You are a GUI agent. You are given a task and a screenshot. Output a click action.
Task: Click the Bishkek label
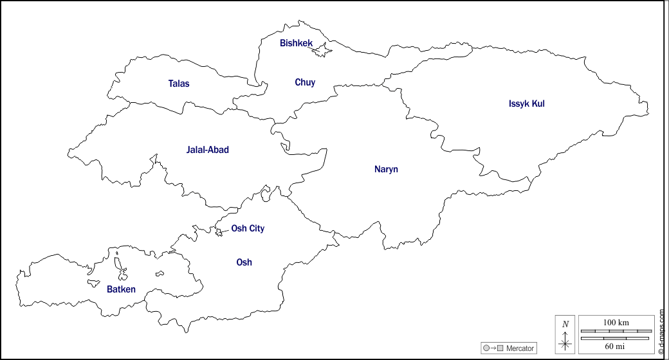(x=296, y=43)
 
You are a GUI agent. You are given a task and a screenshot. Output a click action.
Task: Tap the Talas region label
(x=179, y=84)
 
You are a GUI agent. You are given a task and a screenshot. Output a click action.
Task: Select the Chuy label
(x=305, y=82)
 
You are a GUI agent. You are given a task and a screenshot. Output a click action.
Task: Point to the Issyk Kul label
(x=526, y=104)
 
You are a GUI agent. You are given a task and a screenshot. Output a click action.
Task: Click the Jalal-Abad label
(x=207, y=150)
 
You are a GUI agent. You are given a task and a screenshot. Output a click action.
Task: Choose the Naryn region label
(x=386, y=169)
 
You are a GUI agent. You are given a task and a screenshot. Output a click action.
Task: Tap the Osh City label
(x=248, y=228)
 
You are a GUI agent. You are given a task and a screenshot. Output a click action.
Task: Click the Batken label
(x=121, y=289)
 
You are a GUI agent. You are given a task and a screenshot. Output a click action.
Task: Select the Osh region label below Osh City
(x=244, y=262)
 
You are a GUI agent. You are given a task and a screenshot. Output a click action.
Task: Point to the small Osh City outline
(x=219, y=232)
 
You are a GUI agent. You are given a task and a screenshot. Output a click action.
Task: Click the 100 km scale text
(x=616, y=322)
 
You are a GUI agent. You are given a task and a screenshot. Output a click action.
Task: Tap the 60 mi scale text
(x=616, y=346)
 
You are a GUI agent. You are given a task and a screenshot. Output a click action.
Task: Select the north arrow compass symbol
(x=565, y=342)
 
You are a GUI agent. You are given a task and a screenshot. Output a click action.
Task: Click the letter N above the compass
(x=565, y=324)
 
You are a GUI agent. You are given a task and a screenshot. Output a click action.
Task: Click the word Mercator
(x=520, y=348)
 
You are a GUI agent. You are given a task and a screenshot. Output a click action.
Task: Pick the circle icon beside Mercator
(x=486, y=348)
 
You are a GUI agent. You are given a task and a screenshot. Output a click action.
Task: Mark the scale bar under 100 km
(x=616, y=331)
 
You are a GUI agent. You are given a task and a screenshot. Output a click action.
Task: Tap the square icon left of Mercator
(x=500, y=348)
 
